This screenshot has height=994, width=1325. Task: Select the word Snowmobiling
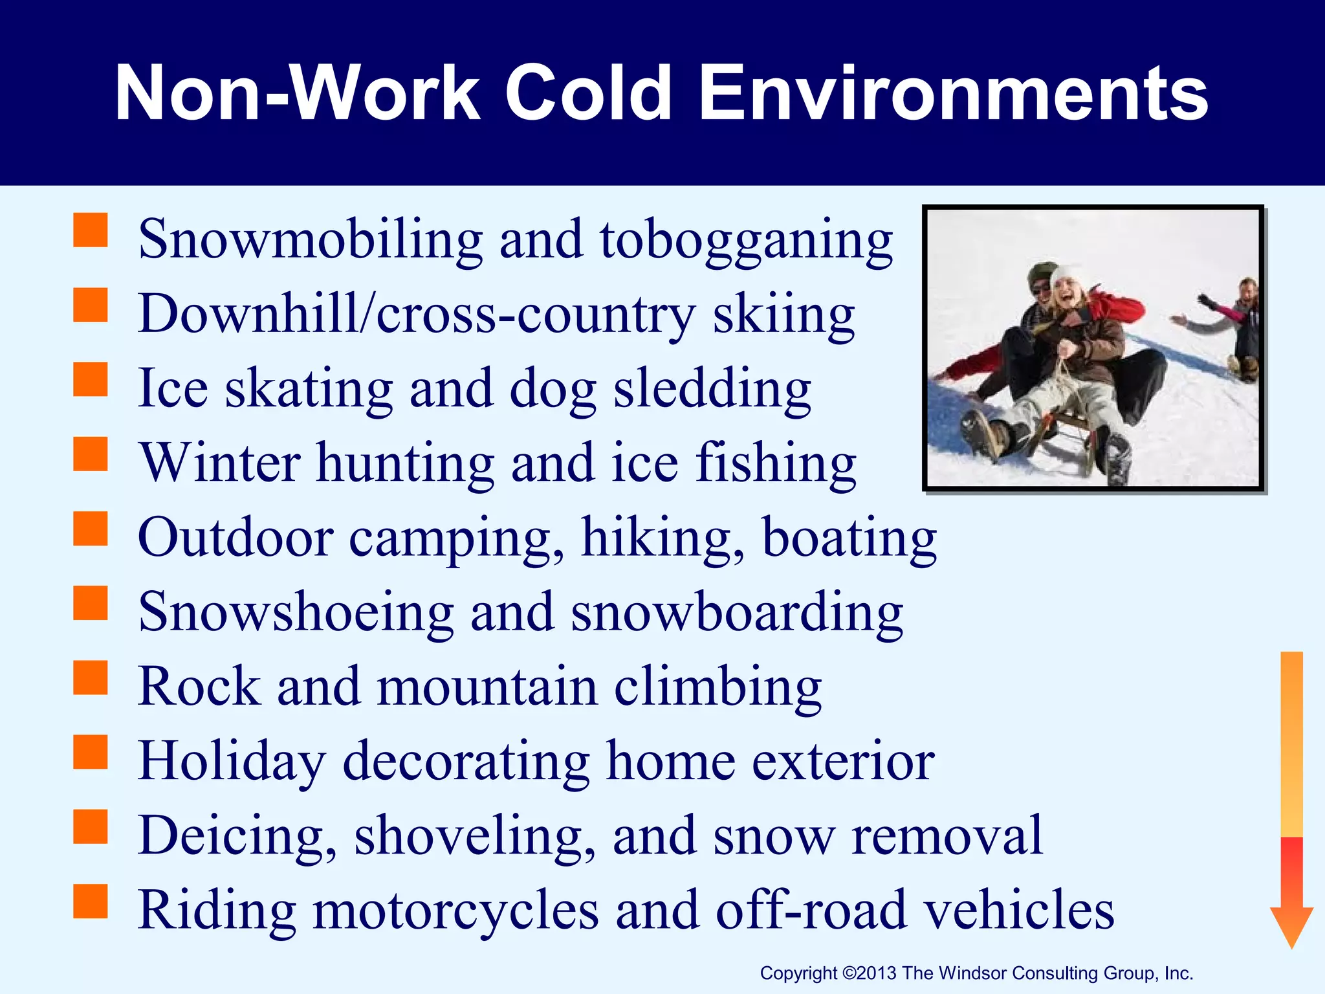tap(311, 239)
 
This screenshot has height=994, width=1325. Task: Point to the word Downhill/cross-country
tap(417, 315)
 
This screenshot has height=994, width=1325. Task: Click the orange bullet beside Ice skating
tap(90, 379)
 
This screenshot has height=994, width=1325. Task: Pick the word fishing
tap(776, 463)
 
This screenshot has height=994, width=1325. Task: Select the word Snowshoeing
tap(296, 612)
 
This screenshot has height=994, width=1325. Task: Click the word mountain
tap(488, 687)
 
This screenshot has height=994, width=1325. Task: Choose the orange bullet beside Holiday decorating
tap(90, 751)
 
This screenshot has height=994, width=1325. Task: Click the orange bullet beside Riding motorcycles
tap(90, 901)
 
